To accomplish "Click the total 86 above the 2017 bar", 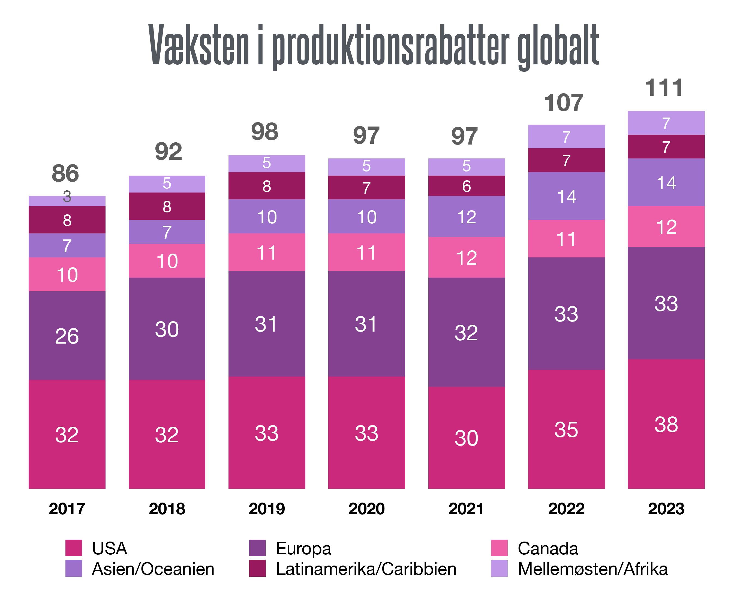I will [x=65, y=173].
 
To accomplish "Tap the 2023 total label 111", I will [x=664, y=88].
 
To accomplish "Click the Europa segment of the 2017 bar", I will [x=67, y=335].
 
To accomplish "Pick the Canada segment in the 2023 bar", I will [x=666, y=227].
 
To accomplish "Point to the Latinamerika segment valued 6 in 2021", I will [x=466, y=186].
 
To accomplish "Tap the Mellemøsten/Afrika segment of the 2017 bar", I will [x=67, y=201].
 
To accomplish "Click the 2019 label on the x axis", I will [x=267, y=509].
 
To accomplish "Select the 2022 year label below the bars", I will [x=566, y=509].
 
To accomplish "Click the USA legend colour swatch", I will [x=74, y=548].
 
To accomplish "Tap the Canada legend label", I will [x=548, y=548].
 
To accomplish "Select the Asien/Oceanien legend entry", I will [x=153, y=569].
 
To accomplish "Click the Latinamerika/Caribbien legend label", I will [x=366, y=569].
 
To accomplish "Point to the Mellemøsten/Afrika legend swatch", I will [x=499, y=569].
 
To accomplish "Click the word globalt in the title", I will [x=558, y=46].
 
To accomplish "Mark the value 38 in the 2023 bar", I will [x=666, y=424].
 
